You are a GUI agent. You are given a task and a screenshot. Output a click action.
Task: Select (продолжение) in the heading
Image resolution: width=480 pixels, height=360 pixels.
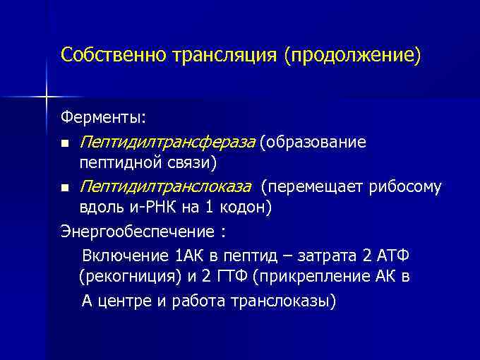(352, 55)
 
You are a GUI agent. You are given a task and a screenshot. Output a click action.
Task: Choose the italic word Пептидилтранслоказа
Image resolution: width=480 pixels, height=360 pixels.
(164, 187)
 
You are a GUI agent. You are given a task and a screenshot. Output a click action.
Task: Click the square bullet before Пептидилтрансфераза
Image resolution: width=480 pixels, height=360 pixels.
(65, 144)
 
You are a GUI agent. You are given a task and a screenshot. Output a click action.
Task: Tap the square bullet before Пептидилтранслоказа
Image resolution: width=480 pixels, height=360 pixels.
(65, 188)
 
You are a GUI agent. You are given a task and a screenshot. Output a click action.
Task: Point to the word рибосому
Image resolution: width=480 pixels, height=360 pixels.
(408, 187)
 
